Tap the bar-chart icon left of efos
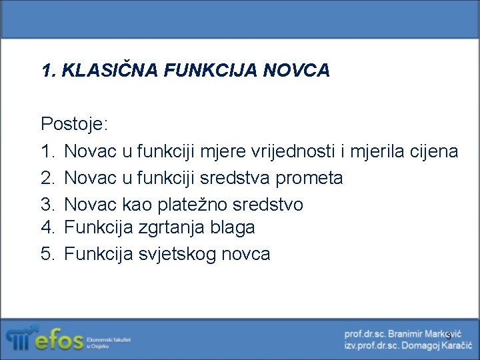point(19,339)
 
